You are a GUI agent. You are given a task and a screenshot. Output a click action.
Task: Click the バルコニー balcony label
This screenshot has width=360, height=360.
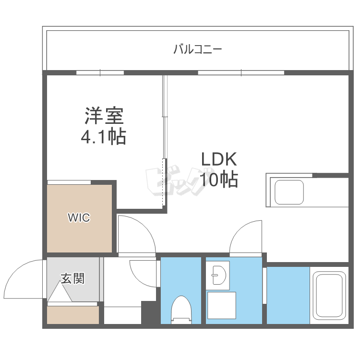click(x=197, y=49)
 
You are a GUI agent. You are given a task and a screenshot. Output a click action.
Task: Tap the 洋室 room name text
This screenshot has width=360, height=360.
click(x=104, y=117)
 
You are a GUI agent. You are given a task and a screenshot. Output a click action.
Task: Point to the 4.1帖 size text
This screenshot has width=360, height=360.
click(x=103, y=137)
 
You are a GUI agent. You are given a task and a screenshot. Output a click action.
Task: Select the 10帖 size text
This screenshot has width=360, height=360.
click(x=219, y=180)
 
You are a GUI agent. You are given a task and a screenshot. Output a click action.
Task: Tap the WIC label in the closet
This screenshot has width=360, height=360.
click(x=79, y=218)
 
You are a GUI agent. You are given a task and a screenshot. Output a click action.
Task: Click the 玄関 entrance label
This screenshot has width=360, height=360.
click(x=72, y=278)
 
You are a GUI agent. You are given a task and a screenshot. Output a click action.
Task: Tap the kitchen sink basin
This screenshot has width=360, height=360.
click(x=288, y=192)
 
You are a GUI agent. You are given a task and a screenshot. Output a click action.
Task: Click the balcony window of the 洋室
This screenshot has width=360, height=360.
click(x=100, y=73)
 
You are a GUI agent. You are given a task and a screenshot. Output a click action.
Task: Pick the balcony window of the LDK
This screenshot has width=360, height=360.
click(x=241, y=73)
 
